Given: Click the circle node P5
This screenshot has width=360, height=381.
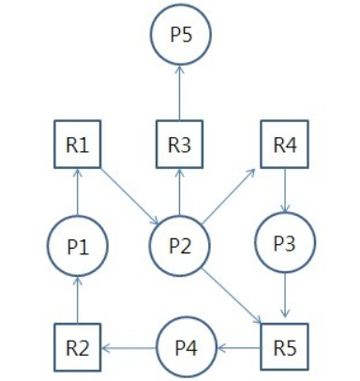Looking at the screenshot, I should pos(180,37).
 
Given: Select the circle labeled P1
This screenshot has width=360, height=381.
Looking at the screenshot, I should pos(77,246).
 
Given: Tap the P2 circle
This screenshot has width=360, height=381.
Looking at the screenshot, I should pos(180,246).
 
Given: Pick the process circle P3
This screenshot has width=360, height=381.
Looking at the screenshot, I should pos(284,246).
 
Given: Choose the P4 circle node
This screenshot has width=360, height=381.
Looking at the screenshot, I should pos(186,347).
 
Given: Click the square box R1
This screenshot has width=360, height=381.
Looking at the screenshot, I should pos(77,145).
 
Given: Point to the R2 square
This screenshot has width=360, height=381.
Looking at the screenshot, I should pos(77,347).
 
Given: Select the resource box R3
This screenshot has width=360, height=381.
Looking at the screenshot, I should pos(180,145).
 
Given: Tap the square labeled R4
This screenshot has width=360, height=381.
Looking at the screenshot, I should pos(284,145).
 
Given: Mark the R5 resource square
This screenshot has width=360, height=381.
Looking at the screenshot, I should pos(284,347).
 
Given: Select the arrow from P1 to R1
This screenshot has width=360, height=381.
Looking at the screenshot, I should pos(77,192).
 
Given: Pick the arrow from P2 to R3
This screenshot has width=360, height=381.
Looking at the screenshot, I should pos(180,192).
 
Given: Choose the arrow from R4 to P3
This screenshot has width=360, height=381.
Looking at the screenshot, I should pos(284,192).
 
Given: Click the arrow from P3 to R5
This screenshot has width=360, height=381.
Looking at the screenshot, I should pos(284,298).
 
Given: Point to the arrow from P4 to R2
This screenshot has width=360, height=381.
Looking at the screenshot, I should pos(128,347).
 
